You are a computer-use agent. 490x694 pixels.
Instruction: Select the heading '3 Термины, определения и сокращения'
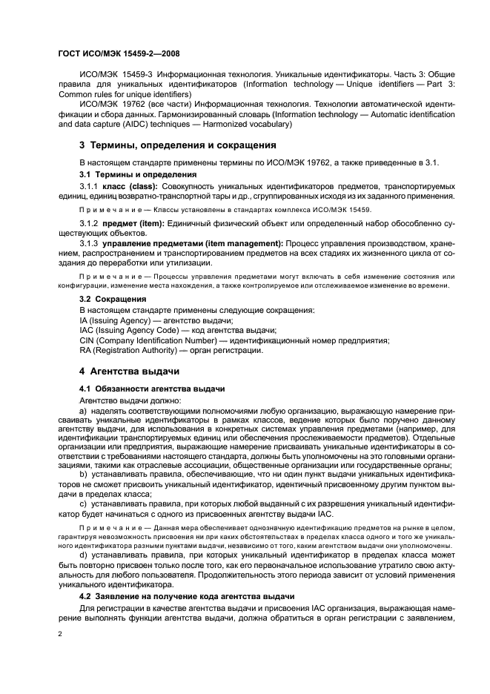(x=178, y=145)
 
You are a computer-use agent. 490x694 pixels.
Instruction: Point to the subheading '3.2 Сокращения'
(x=113, y=299)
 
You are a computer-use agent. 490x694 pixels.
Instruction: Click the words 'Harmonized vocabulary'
(x=253, y=125)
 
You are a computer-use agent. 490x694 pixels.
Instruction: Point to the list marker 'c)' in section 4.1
(x=83, y=506)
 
